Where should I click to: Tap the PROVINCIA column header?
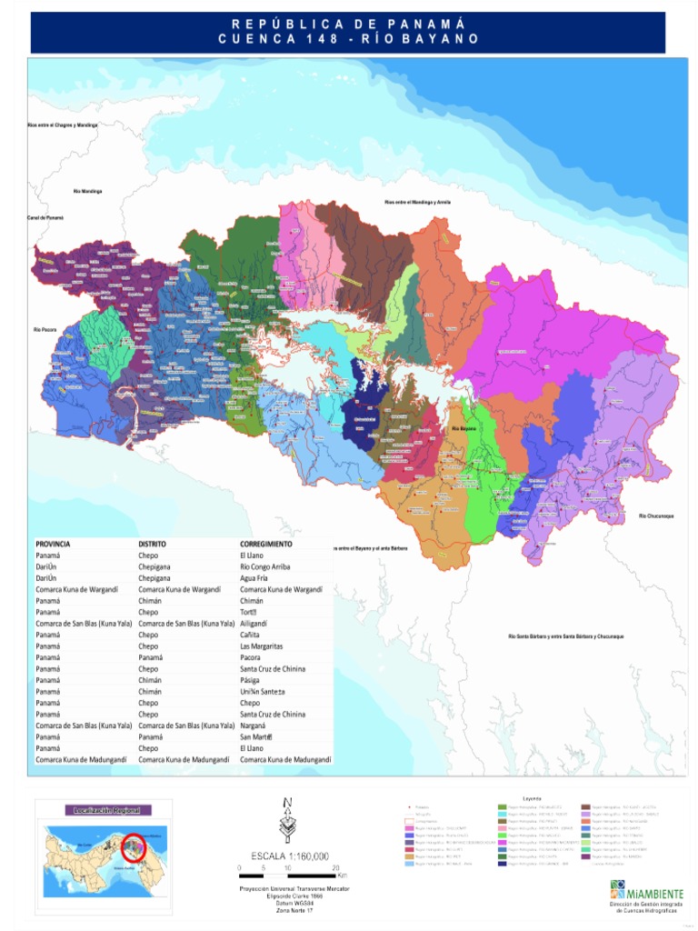[53, 544]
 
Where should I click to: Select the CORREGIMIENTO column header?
[266, 544]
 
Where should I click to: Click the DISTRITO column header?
[152, 544]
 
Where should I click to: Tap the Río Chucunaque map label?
[655, 516]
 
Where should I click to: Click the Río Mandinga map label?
[87, 191]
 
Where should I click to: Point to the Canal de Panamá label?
[45, 218]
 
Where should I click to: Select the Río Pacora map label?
[45, 329]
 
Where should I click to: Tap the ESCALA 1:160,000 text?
[289, 856]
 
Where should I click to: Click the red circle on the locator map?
[134, 847]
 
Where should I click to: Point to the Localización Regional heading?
[105, 809]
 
